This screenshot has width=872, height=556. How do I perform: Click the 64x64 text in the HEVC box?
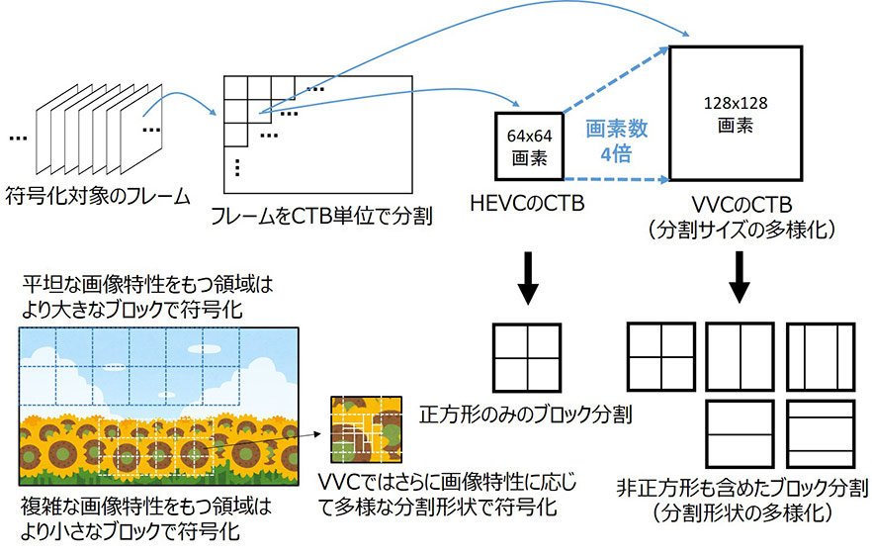click(529, 136)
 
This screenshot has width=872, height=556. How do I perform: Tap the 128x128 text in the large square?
click(736, 104)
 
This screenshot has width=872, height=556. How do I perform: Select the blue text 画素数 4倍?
click(616, 140)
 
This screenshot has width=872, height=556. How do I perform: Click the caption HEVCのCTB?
click(527, 204)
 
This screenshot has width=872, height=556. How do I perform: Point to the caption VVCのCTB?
click(741, 206)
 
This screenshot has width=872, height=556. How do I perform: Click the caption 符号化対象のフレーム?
click(98, 196)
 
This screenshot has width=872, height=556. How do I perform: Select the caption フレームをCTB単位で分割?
click(321, 216)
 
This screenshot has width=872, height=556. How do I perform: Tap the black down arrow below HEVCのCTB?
click(528, 278)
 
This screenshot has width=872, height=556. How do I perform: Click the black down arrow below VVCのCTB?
click(740, 277)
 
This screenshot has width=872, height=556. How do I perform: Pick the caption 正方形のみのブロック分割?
click(526, 415)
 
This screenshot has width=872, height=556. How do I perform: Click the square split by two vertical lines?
click(821, 357)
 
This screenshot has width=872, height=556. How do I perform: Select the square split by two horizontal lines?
click(821, 434)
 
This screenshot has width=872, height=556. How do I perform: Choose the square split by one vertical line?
click(741, 357)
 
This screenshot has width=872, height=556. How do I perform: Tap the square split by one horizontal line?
click(741, 434)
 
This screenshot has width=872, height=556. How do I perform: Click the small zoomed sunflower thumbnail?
click(367, 429)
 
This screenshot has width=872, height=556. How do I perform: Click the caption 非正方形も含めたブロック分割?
click(742, 488)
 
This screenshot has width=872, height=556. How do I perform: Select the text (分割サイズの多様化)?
click(741, 230)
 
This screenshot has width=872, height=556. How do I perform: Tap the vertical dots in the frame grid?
click(237, 167)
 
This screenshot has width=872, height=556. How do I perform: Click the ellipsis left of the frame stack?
click(19, 139)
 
